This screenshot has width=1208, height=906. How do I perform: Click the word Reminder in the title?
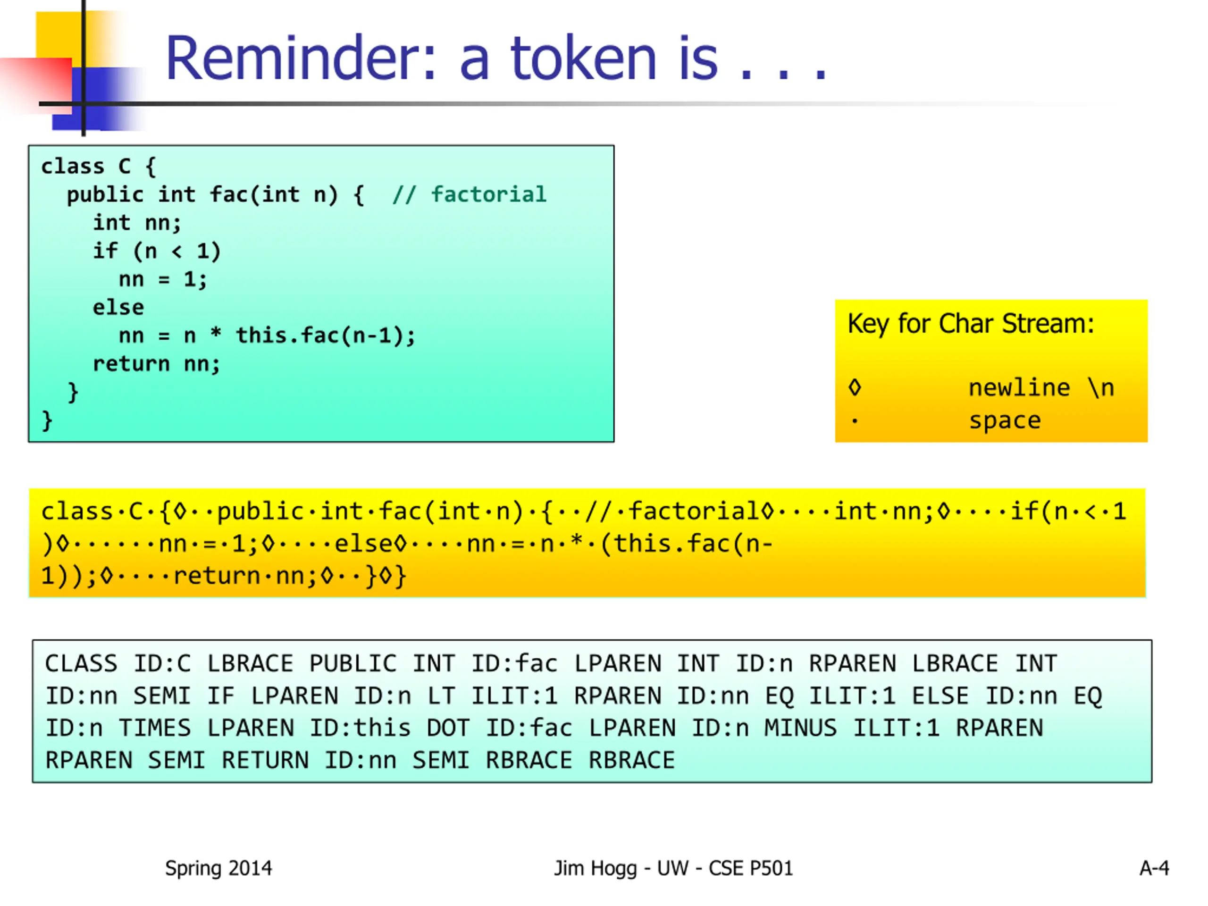click(x=301, y=59)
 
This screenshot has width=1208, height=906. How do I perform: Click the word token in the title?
click(x=583, y=59)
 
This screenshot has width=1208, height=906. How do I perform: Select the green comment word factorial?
click(x=488, y=194)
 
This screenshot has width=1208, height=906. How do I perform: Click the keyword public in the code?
click(x=105, y=194)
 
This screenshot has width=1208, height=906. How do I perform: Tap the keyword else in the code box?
click(x=118, y=308)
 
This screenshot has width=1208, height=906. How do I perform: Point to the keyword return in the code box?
click(x=131, y=364)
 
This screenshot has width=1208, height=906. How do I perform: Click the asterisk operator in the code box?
click(x=216, y=334)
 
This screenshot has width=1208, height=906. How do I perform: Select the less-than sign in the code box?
click(x=176, y=251)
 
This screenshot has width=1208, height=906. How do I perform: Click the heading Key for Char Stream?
click(x=971, y=323)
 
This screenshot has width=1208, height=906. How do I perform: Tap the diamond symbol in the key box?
click(x=855, y=388)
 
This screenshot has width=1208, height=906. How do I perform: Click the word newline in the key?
click(x=1019, y=388)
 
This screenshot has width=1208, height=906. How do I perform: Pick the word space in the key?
click(x=1005, y=420)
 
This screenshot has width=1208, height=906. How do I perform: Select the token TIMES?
click(x=155, y=728)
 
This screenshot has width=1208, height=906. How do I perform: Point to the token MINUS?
click(x=800, y=728)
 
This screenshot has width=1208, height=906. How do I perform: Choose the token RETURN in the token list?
click(x=265, y=760)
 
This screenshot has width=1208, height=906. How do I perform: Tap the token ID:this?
click(x=360, y=728)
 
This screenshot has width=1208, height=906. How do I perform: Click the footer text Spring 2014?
click(x=218, y=868)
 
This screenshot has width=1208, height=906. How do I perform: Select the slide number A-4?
click(x=1154, y=868)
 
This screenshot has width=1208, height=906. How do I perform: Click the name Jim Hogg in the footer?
click(x=595, y=868)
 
